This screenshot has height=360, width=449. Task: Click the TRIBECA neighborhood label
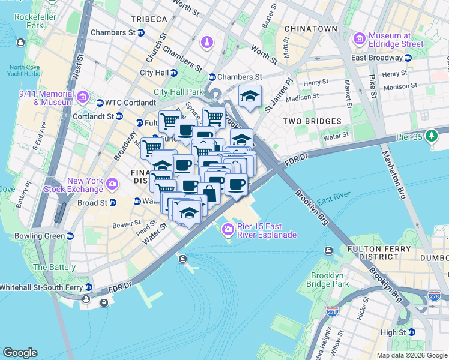[146, 19]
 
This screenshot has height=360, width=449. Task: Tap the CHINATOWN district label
[310, 28]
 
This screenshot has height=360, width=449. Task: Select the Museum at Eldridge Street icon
[360, 39]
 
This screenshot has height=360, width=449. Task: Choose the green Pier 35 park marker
[431, 136]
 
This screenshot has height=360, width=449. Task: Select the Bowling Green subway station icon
[70, 236]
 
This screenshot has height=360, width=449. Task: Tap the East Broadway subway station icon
[408, 58]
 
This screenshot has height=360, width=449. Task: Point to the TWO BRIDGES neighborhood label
[312, 121]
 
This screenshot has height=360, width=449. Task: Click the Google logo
[20, 353]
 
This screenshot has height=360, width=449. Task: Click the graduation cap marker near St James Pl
[250, 97]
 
